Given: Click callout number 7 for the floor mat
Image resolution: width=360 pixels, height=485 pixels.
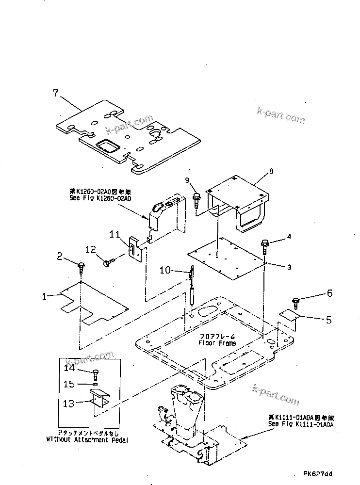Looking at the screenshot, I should [55, 92].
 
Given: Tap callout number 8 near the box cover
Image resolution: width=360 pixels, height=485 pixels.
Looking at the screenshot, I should [271, 171].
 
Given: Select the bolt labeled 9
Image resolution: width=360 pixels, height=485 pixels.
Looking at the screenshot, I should [196, 197].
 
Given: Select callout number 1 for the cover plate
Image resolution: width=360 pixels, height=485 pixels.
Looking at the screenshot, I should [45, 296].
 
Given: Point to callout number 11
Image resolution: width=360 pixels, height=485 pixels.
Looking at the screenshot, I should [115, 235].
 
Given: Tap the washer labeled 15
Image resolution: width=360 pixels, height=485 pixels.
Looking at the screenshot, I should [94, 384].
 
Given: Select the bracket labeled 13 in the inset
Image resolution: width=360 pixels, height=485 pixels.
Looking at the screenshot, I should [100, 401].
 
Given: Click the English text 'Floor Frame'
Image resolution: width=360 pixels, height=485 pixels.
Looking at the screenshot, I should [217, 343].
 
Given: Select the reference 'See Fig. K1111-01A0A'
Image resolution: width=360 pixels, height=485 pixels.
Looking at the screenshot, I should [302, 423].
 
